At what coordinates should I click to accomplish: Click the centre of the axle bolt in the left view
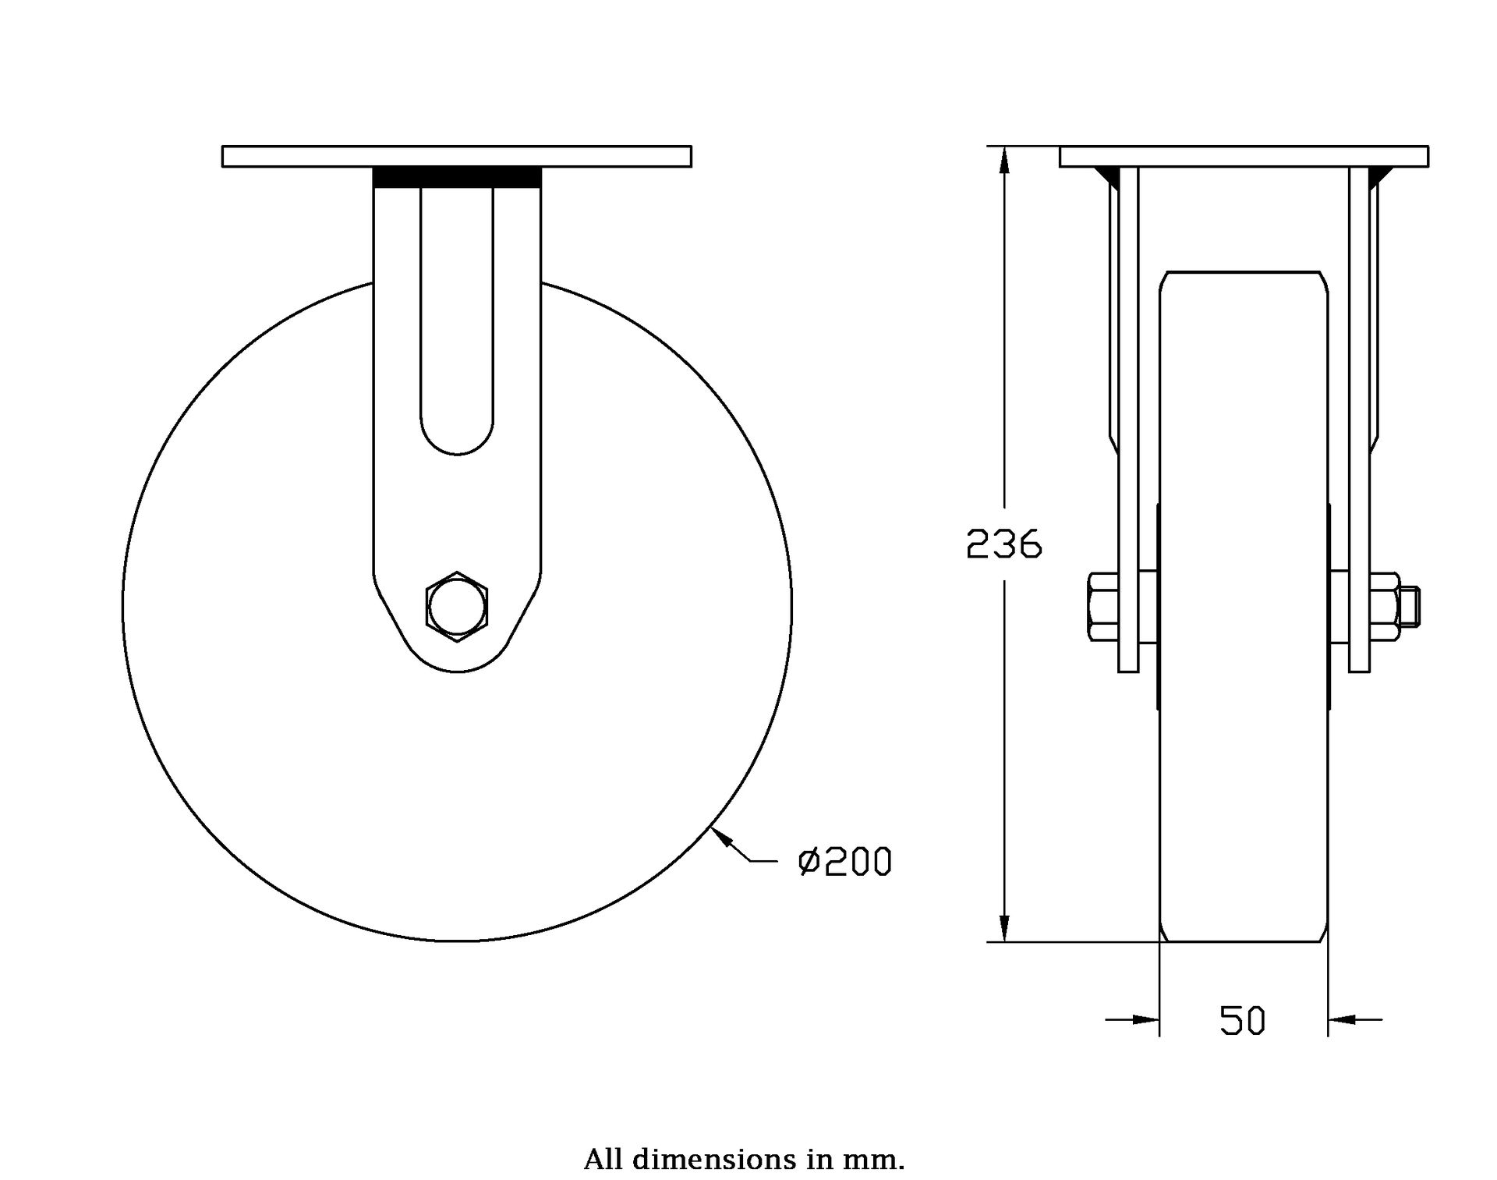tap(457, 607)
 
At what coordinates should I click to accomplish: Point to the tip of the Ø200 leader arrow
tap(711, 827)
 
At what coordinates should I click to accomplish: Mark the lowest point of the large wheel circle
tap(457, 941)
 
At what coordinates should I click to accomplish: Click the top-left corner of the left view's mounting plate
tap(222, 146)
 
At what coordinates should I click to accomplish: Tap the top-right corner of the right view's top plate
tap(1428, 146)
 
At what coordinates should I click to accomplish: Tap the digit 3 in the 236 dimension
tap(1004, 544)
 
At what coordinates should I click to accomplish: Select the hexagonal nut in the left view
tap(457, 607)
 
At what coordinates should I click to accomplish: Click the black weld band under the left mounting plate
tap(457, 177)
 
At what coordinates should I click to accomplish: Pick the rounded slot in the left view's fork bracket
tap(457, 321)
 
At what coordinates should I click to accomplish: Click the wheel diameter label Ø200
tap(844, 862)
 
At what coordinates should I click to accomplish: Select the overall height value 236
tap(1004, 544)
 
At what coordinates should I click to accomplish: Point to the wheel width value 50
tap(1243, 1021)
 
